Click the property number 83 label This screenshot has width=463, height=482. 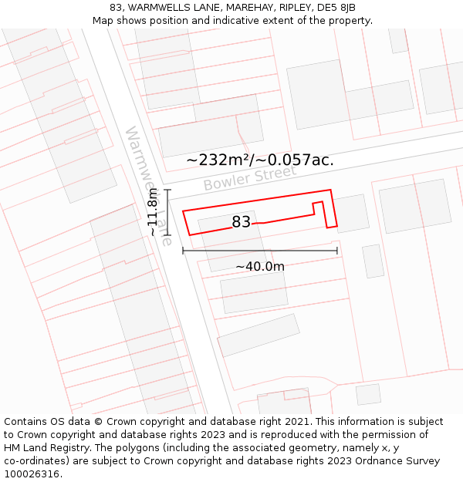point(241,222)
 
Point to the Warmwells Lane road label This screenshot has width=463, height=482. point(147,185)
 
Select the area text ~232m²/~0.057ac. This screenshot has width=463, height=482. point(260,160)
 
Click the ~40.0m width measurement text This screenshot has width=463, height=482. point(260,267)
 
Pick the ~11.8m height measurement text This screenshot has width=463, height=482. point(153,211)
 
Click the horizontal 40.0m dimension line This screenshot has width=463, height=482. point(260,251)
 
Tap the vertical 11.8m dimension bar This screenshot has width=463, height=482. point(167,211)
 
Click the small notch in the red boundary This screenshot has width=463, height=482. point(318,207)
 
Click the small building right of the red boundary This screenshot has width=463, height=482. point(351,213)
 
